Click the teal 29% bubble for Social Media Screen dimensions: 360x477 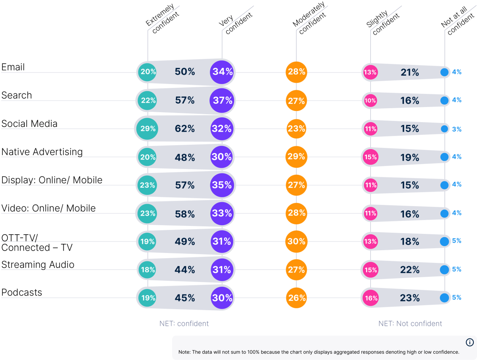(147, 129)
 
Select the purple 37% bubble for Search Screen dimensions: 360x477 (222, 101)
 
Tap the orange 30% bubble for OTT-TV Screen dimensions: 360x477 (296, 241)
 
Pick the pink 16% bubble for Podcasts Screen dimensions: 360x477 (370, 298)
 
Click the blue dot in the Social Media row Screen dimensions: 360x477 (445, 129)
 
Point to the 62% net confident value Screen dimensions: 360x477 (185, 129)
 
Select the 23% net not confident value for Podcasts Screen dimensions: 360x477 (410, 298)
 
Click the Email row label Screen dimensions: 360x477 (13, 67)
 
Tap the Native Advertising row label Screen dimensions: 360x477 (42, 152)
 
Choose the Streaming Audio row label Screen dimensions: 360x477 (38, 265)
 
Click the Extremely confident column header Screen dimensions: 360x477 (162, 20)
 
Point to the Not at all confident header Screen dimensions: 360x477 (457, 22)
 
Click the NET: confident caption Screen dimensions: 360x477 (184, 323)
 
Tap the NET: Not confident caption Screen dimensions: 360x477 (410, 323)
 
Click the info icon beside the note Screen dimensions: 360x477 (469, 342)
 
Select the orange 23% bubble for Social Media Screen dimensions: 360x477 (296, 129)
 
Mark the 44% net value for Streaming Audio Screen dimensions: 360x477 (185, 270)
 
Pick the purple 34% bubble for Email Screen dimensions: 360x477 (222, 72)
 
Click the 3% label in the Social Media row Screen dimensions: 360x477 (457, 129)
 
